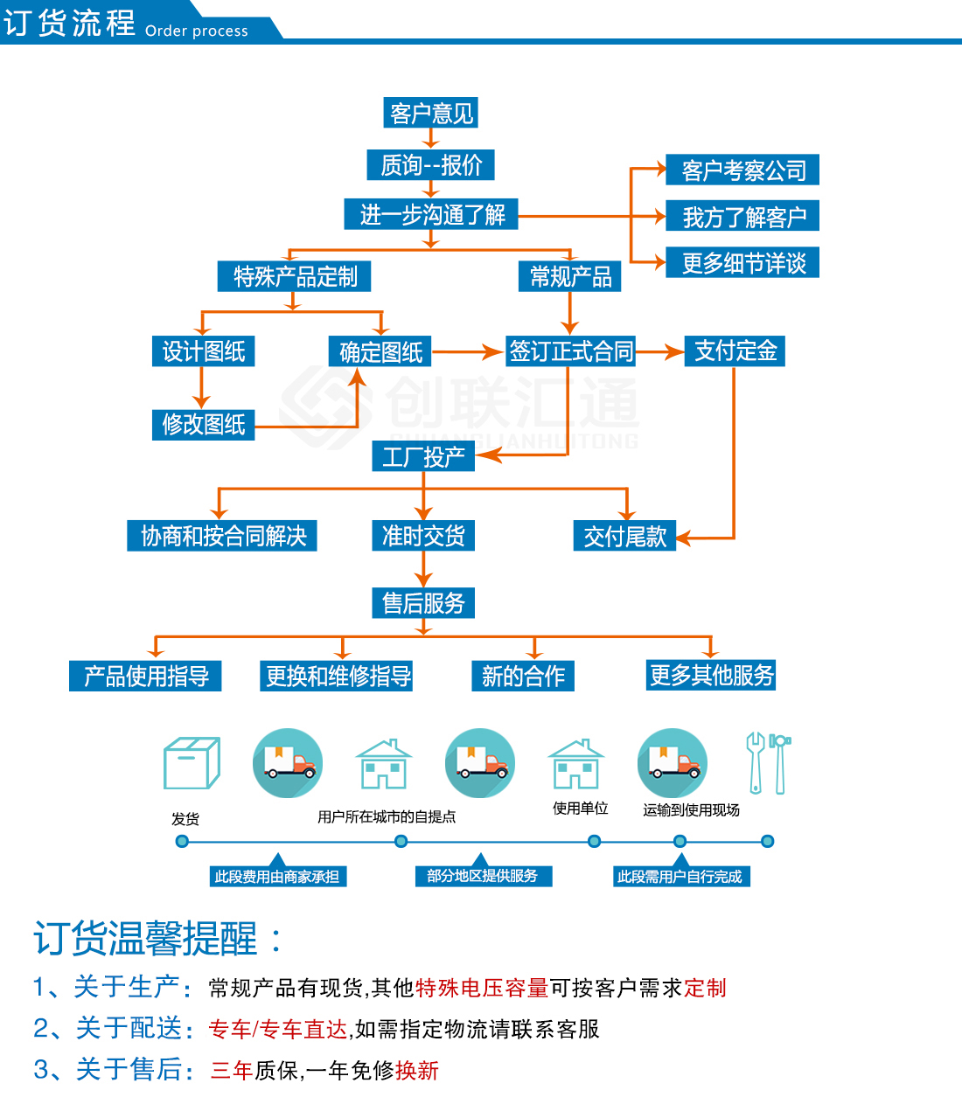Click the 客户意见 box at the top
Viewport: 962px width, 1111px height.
431,114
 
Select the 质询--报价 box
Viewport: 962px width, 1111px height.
431,164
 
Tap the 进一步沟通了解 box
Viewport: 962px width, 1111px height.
432,214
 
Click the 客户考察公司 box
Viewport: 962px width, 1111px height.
743,170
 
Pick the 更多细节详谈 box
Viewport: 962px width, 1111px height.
743,263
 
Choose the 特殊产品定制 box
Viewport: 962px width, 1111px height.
295,277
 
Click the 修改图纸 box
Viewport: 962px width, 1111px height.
203,425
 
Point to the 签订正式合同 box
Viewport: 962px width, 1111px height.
571,351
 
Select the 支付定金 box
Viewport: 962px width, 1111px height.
735,351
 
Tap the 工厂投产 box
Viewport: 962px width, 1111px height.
423,456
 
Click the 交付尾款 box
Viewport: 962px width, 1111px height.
624,537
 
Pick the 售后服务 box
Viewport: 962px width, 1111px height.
423,603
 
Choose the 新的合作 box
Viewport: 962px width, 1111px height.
523,676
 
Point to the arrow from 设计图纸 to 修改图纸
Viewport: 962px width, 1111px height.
202,387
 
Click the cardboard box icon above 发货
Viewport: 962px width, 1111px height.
192,763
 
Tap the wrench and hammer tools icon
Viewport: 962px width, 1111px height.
768,763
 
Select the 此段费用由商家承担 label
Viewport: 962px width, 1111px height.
277,877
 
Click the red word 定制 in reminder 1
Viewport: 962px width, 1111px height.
705,989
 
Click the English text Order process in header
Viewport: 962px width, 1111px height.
197,31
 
